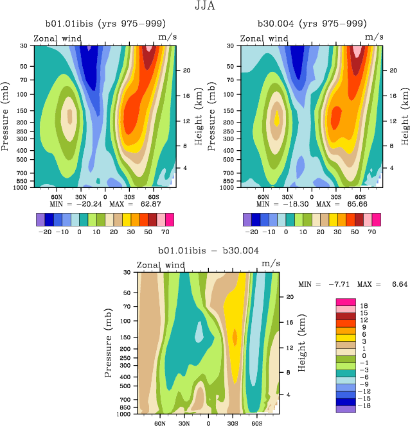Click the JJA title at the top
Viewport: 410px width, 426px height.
pos(204,8)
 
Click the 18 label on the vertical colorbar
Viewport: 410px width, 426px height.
pos(364,307)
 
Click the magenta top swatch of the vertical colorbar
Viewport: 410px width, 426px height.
pos(346,302)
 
